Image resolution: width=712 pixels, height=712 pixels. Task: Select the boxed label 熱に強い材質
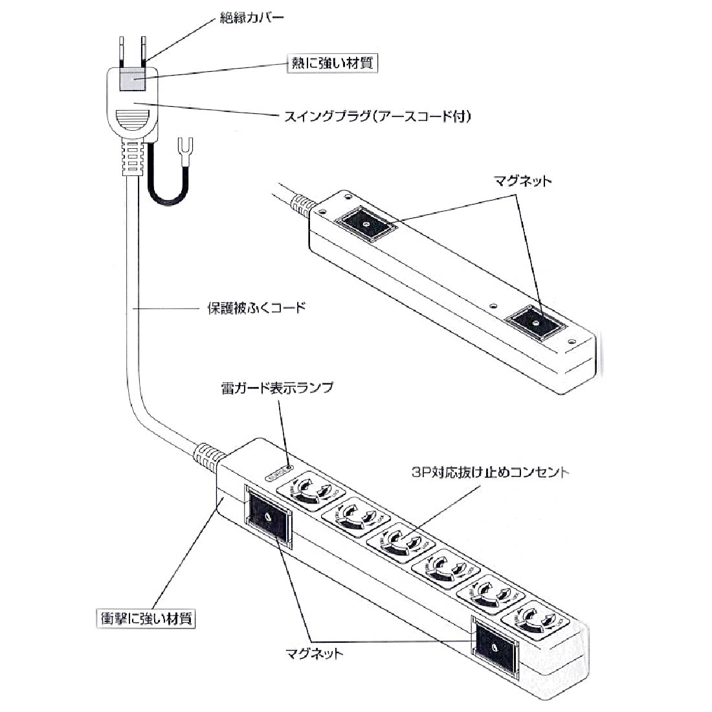331,63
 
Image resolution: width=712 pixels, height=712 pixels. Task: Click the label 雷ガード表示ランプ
278,388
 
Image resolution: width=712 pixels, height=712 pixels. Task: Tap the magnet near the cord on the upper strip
365,224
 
